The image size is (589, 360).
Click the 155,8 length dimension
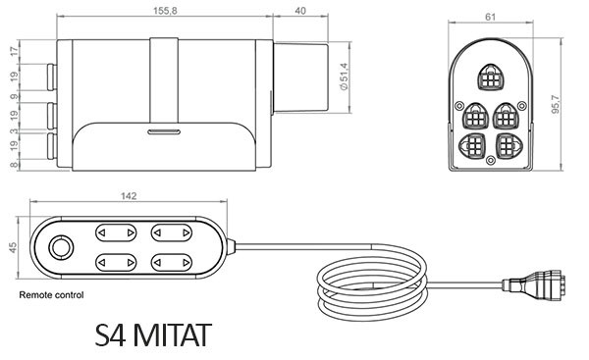point(165,11)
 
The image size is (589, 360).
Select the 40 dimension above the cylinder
point(300,11)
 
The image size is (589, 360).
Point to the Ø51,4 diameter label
point(344,77)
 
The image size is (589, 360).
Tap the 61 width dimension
point(490,17)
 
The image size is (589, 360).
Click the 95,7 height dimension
point(556,105)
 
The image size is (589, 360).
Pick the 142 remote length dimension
point(129,196)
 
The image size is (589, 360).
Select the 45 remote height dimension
point(13,248)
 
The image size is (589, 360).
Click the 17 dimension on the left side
point(15,51)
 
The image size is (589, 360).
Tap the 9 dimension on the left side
point(15,96)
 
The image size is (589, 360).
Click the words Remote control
point(51,295)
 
